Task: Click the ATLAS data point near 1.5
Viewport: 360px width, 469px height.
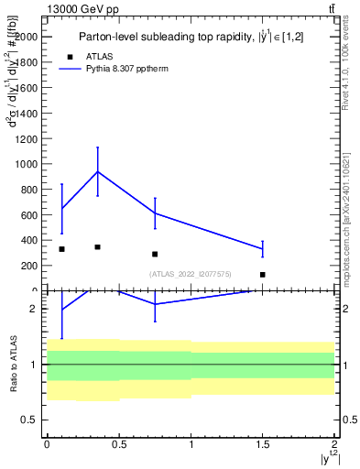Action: [x=262, y=275]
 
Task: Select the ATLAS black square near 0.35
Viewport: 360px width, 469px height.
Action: [x=97, y=247]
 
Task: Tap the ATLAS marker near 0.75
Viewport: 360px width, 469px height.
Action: [x=155, y=254]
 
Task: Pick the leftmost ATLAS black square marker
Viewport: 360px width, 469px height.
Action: [x=61, y=249]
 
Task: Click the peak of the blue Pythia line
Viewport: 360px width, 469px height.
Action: [x=97, y=171]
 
